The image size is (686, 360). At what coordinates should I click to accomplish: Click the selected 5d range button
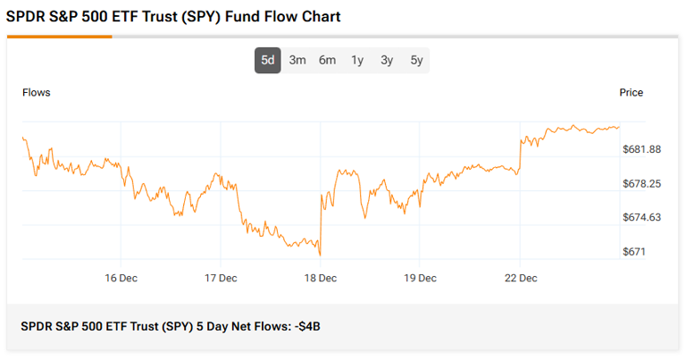tap(268, 60)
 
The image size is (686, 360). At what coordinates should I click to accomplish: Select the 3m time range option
tap(297, 60)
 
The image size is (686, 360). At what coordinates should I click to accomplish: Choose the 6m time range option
tap(327, 60)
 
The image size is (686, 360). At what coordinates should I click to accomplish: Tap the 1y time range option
tap(357, 60)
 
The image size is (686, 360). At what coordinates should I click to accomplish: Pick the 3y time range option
tap(387, 60)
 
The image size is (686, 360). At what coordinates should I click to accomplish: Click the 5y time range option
tap(416, 60)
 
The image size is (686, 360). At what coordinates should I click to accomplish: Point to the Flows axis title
tap(36, 93)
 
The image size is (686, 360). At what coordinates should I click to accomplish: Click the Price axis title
tap(631, 93)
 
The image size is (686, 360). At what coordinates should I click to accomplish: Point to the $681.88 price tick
tap(641, 149)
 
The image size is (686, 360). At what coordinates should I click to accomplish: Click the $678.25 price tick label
tap(641, 183)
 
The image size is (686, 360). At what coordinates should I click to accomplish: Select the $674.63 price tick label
tap(641, 217)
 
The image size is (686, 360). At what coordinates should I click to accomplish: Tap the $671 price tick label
tap(633, 252)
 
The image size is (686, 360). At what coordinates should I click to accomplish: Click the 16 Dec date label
tap(121, 278)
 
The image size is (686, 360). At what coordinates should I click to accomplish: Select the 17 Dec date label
tap(221, 278)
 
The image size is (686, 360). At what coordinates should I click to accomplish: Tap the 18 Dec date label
tap(321, 278)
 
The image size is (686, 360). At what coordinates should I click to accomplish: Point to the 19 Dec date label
tap(420, 278)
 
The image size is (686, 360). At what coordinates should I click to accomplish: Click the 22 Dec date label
tap(520, 278)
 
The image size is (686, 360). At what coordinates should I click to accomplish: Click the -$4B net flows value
tap(306, 327)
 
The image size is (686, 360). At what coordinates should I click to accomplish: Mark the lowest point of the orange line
tap(320, 255)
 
